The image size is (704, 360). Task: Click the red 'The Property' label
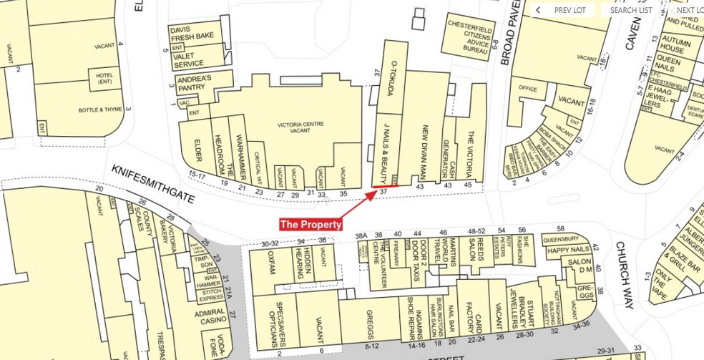(x=311, y=224)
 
